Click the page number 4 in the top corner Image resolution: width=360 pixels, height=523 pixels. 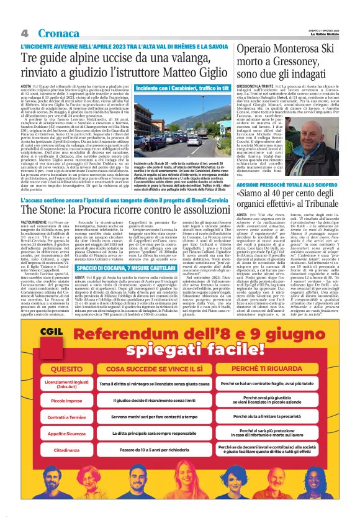(24, 32)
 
